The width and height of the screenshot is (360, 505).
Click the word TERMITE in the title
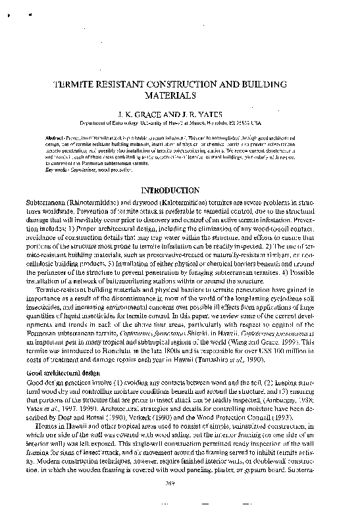coord(72,85)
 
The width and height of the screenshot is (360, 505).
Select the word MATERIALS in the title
coord(180,95)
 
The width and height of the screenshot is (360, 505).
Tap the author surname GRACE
coord(159,112)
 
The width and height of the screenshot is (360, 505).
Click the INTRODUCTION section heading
coord(180,190)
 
